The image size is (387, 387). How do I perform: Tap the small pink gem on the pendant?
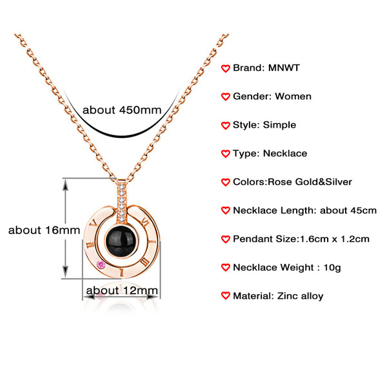tap(101, 264)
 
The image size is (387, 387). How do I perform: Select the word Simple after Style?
tap(280, 124)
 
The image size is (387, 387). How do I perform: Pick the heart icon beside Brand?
tap(225, 68)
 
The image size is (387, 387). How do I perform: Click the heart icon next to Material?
tap(225, 296)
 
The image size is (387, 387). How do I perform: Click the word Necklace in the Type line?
tap(285, 154)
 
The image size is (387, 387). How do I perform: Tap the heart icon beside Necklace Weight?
tap(225, 268)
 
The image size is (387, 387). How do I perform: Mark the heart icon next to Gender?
tap(225, 97)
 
